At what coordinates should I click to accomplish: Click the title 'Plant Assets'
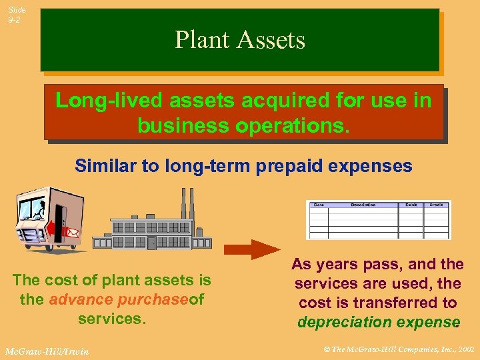click(x=240, y=40)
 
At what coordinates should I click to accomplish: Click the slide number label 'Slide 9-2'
click(x=17, y=15)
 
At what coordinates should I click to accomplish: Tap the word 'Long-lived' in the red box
click(x=109, y=101)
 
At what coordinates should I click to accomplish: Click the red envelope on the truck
click(x=73, y=233)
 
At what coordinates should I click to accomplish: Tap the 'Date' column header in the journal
click(x=319, y=205)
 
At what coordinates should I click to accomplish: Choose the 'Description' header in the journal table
click(x=363, y=205)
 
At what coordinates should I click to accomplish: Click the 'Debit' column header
click(x=411, y=205)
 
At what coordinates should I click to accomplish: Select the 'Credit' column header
click(x=437, y=205)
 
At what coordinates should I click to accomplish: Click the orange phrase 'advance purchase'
click(x=119, y=299)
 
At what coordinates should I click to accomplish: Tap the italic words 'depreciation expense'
click(x=378, y=323)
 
